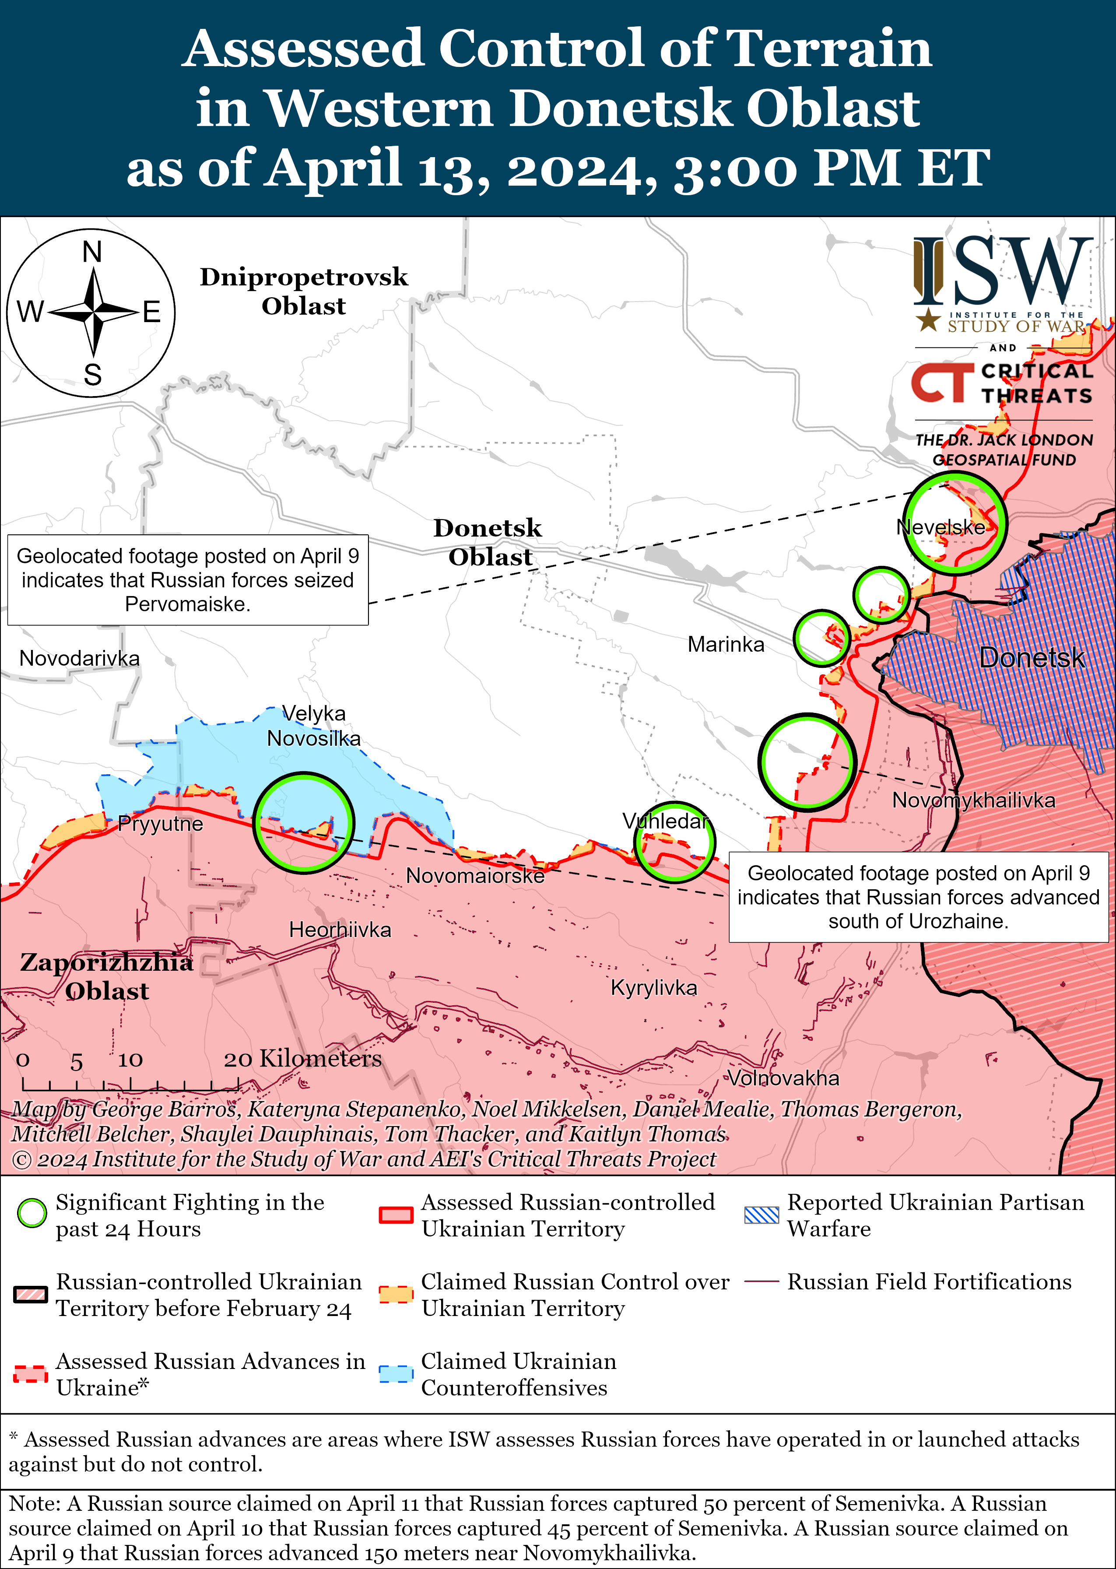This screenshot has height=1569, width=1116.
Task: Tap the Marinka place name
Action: [726, 645]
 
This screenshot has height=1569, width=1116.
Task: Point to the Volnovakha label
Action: [783, 1078]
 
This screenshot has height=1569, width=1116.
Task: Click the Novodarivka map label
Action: [79, 658]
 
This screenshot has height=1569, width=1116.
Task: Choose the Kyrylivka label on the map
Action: [653, 988]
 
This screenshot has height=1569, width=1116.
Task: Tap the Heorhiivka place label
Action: [340, 930]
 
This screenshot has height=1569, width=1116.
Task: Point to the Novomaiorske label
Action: [475, 876]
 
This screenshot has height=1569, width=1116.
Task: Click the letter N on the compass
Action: [92, 252]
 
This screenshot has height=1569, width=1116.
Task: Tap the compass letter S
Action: [92, 375]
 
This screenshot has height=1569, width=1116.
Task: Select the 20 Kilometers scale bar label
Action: [302, 1058]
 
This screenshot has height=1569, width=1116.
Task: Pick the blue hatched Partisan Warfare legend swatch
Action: [762, 1214]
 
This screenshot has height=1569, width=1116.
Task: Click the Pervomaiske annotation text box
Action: [188, 580]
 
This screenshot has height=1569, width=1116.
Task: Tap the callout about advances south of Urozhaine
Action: [918, 897]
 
